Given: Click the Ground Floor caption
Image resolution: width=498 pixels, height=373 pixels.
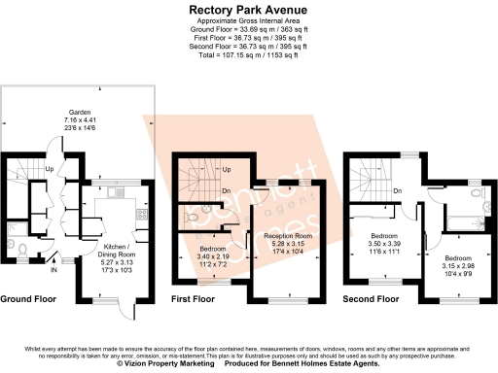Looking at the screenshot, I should pyautogui.click(x=31, y=300).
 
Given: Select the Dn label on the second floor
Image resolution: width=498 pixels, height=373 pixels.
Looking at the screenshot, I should pyautogui.click(x=398, y=191).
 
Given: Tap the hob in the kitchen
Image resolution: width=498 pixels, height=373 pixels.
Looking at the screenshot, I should pyautogui.click(x=142, y=215).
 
